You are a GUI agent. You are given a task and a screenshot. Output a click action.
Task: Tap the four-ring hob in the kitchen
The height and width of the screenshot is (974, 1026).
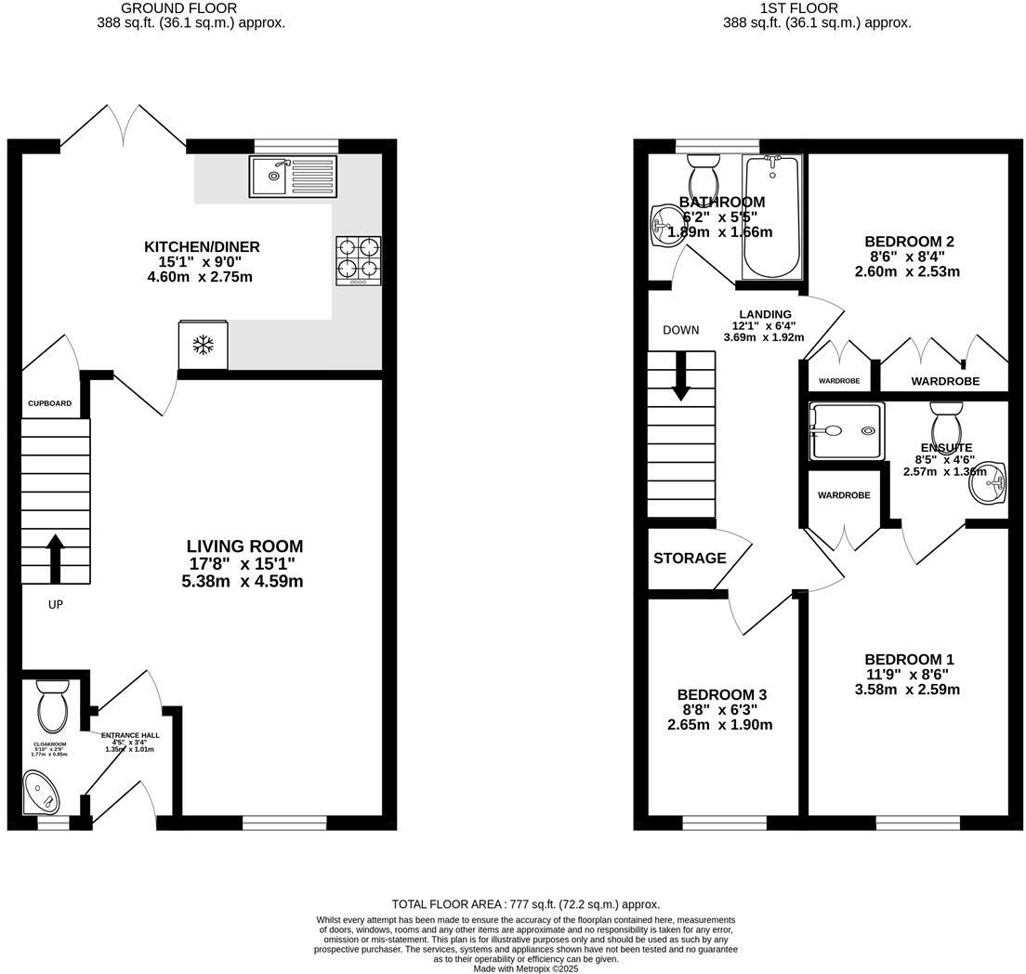pyautogui.click(x=359, y=259)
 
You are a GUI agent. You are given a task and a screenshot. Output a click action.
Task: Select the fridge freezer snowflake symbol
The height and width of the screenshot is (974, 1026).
pyautogui.click(x=203, y=346)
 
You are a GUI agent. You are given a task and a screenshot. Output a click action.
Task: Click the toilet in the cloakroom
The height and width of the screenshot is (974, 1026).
pyautogui.click(x=52, y=707)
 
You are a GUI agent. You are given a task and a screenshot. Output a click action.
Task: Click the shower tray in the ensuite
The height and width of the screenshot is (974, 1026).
pyautogui.click(x=845, y=431)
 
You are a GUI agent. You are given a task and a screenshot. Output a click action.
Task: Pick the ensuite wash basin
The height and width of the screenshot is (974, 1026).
pyautogui.click(x=991, y=482)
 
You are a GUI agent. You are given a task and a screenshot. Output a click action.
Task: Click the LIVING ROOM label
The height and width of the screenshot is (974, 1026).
pyautogui.click(x=244, y=546)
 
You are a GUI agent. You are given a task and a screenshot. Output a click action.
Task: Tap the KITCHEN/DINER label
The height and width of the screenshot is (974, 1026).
pyautogui.click(x=202, y=247)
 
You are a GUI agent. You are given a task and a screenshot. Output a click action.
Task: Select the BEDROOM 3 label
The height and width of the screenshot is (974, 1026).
pyautogui.click(x=721, y=695)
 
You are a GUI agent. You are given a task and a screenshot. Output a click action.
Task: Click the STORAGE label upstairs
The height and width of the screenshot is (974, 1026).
pyautogui.click(x=690, y=559)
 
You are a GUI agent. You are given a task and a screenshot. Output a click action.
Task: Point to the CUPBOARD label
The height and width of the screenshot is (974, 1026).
pyautogui.click(x=49, y=403)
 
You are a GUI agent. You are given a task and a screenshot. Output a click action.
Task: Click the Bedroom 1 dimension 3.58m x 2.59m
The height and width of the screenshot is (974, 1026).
pyautogui.click(x=907, y=690)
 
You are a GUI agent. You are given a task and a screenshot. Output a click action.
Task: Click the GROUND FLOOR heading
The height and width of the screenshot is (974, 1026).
pyautogui.click(x=191, y=8)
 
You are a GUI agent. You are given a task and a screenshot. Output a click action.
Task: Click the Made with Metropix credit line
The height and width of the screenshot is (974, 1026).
pyautogui.click(x=525, y=968)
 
